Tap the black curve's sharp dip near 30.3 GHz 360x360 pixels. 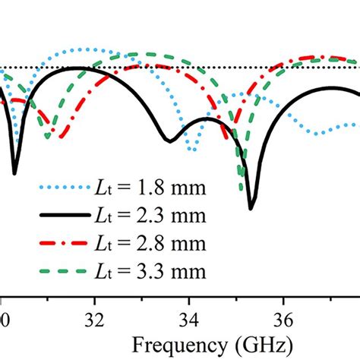14,173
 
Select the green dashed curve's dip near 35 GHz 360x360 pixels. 242,190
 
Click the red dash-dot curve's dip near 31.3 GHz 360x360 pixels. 62,137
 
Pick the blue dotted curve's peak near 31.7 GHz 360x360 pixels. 84,49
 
